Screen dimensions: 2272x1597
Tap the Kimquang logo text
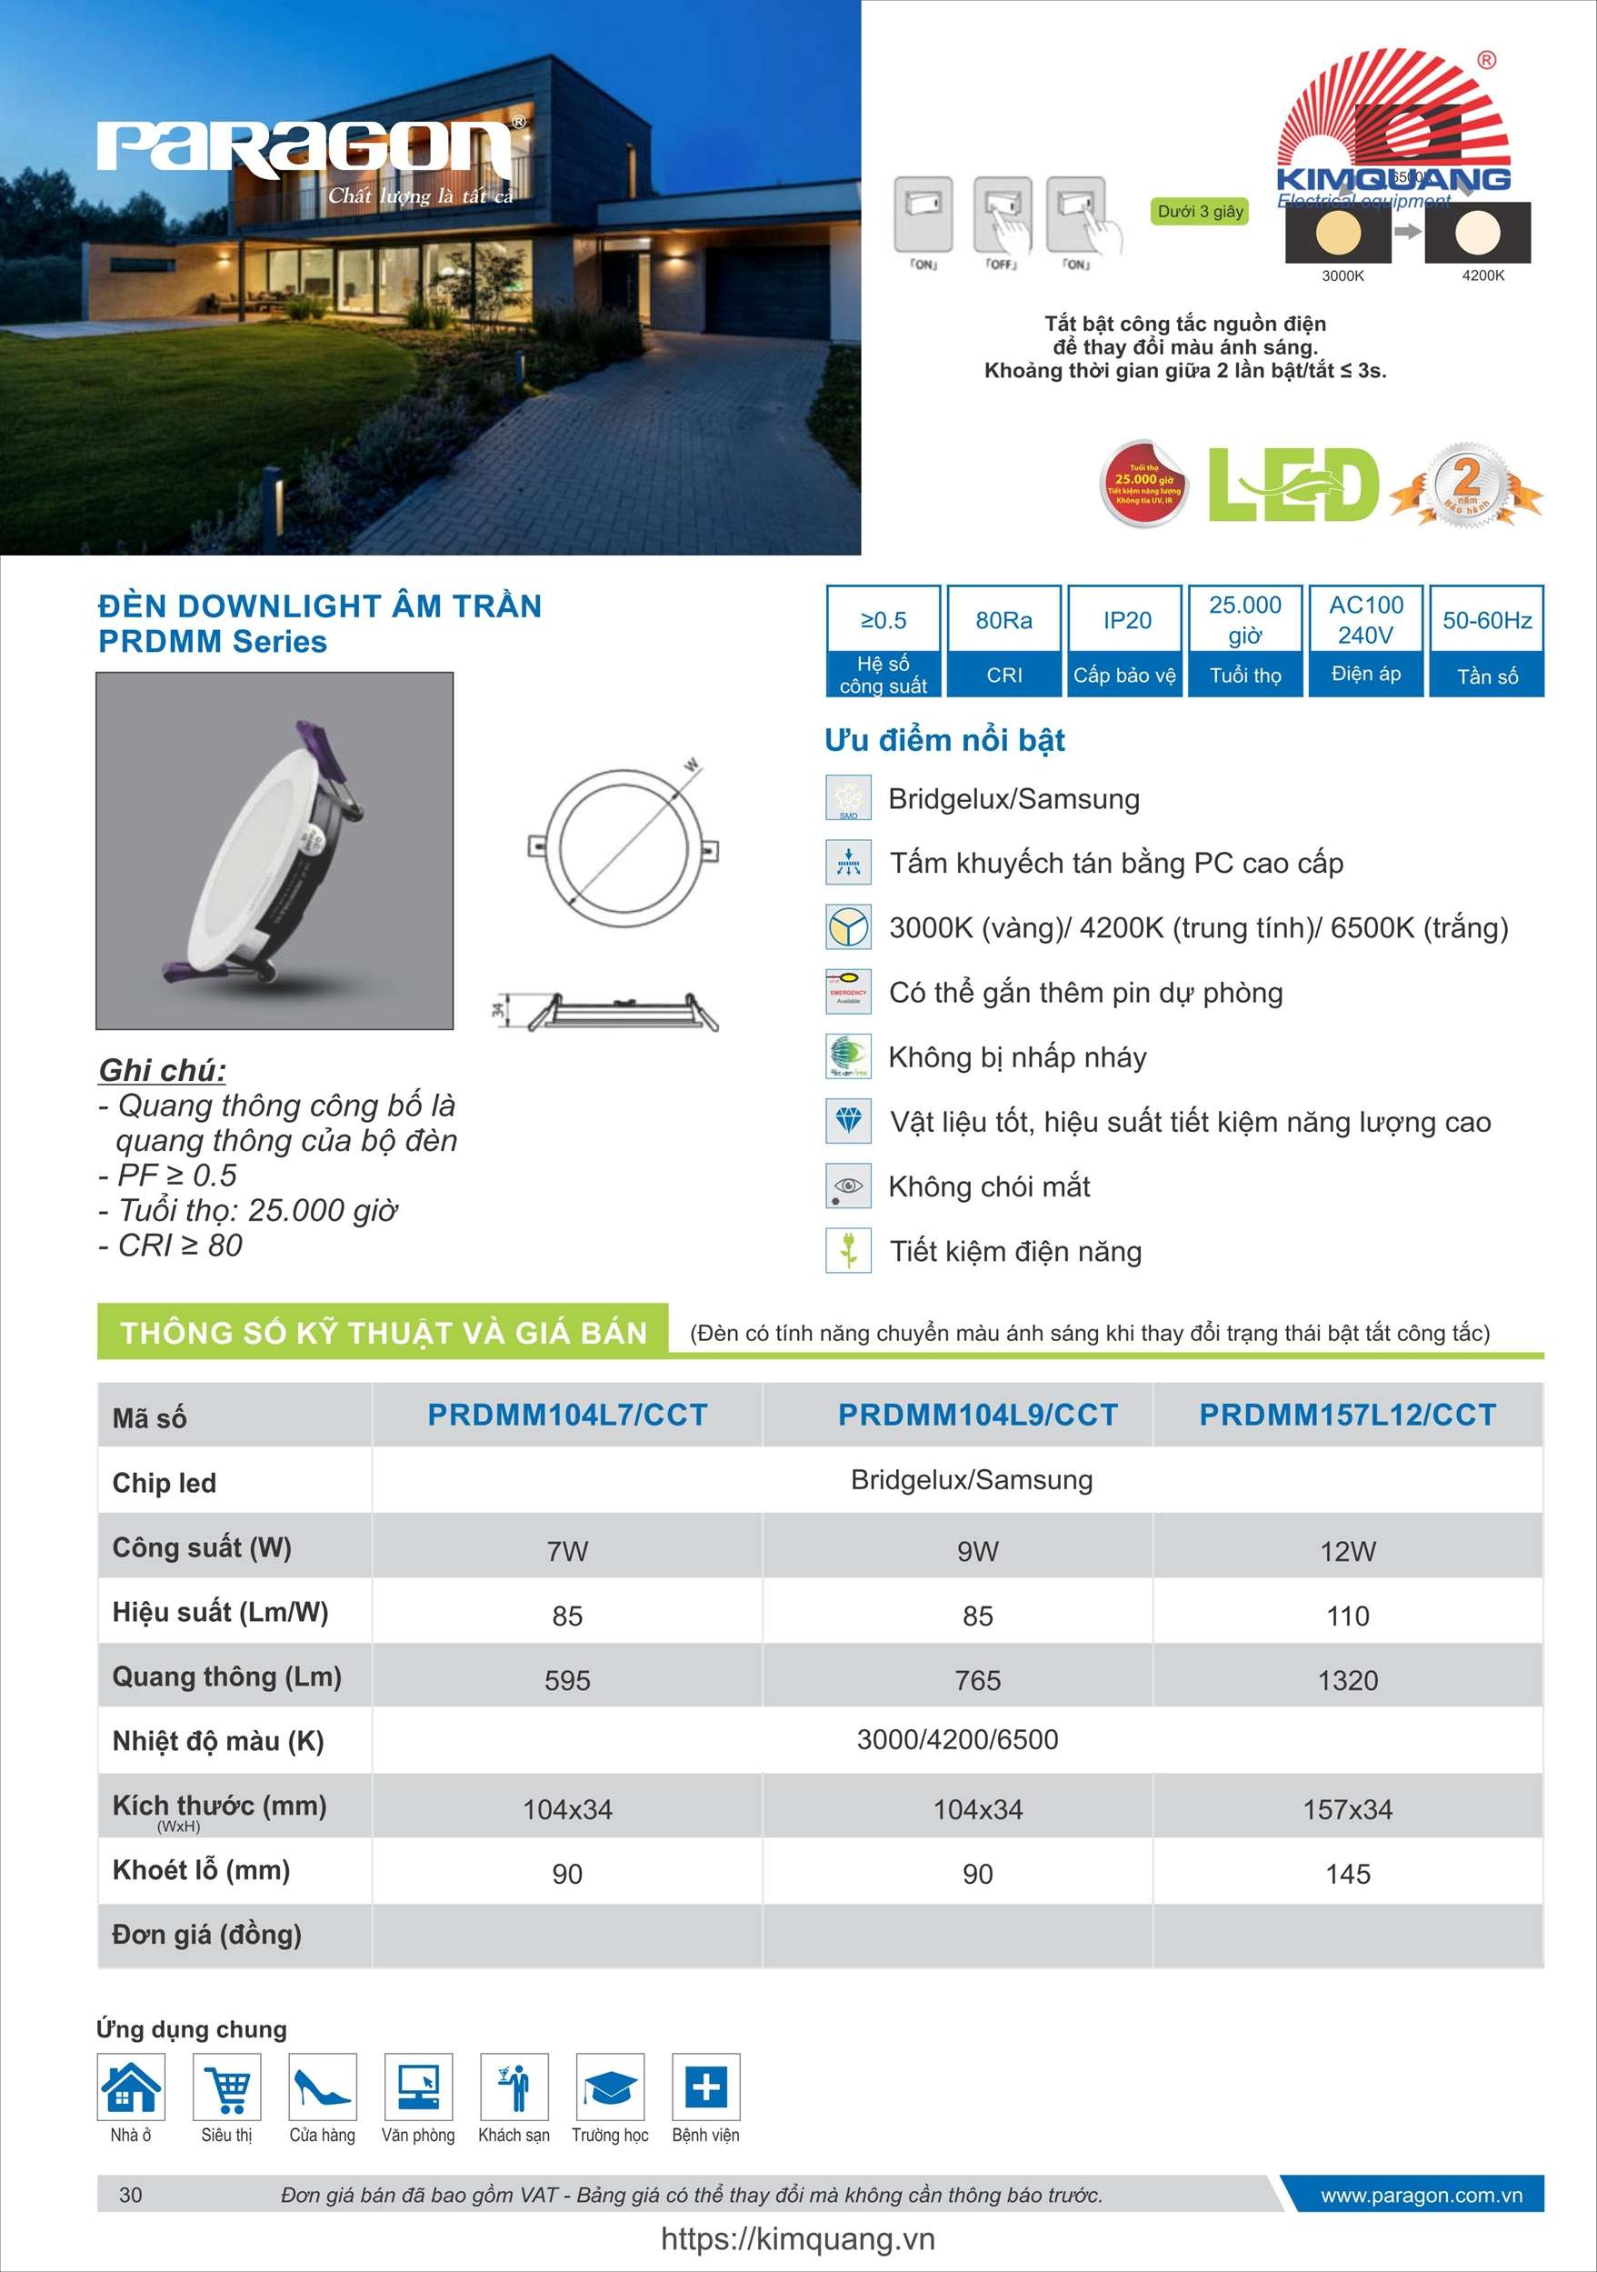tap(1392, 179)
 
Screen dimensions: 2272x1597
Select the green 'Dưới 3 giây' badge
tap(1200, 211)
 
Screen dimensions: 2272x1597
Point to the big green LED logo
tap(1293, 485)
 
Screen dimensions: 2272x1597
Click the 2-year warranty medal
tap(1465, 484)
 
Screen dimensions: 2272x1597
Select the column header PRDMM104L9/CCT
tap(978, 1415)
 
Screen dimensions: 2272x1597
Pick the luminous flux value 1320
tap(1348, 1680)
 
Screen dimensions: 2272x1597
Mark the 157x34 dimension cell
tap(1348, 1810)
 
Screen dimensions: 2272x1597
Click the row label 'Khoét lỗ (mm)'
tap(201, 1870)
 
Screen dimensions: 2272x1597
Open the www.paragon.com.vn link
tap(1421, 2195)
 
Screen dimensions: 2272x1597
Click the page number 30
tap(131, 2195)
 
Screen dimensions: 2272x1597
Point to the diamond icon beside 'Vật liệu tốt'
tap(848, 1121)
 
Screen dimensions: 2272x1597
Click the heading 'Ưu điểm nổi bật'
tap(944, 740)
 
